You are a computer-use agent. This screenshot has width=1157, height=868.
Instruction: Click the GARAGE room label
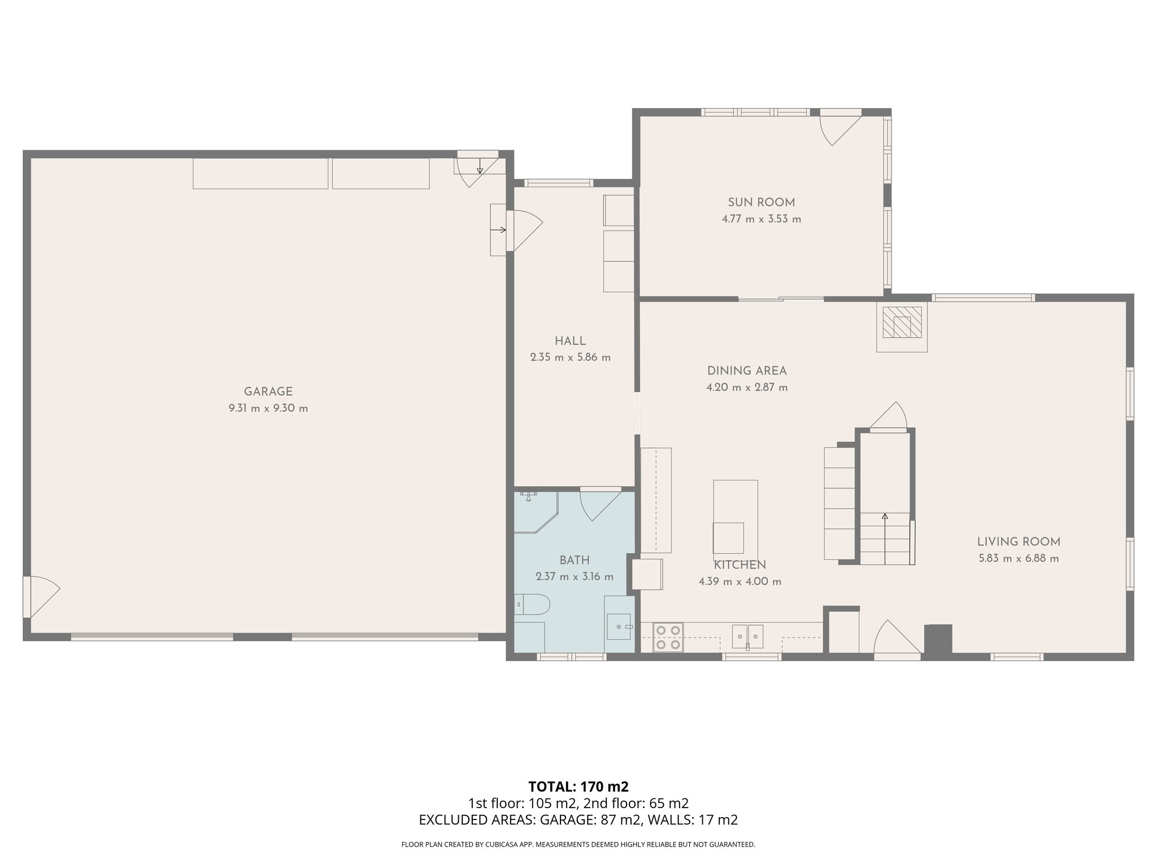[x=268, y=392]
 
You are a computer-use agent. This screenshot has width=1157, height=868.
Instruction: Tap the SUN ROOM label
[x=761, y=202]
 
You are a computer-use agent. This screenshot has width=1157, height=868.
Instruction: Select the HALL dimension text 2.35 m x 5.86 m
[x=570, y=357]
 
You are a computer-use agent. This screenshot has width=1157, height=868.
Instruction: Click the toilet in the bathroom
[x=532, y=605]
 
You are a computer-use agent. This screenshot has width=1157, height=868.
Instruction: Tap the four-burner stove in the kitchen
[x=668, y=637]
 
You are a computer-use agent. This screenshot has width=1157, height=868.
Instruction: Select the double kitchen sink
[x=747, y=636]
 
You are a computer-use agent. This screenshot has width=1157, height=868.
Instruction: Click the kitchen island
[x=735, y=518]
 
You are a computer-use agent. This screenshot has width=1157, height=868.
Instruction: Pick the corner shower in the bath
[x=536, y=512]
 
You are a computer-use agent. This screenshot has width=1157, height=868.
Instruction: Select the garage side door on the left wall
[x=41, y=597]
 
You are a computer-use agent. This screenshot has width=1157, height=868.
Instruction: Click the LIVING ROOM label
[x=1019, y=542]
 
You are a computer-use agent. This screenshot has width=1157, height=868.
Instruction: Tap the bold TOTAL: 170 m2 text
[x=578, y=787]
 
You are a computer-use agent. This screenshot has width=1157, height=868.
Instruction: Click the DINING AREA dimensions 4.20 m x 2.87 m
[x=747, y=388]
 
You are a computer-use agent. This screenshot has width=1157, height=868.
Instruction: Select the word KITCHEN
[x=740, y=565]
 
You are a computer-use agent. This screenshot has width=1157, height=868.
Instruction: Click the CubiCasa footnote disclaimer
[x=578, y=844]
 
